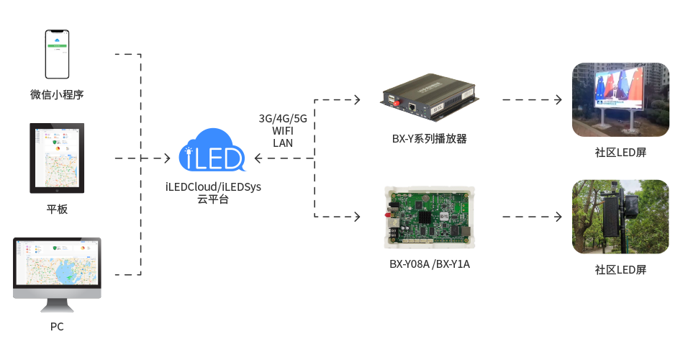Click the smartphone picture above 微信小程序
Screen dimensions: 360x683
tap(58, 54)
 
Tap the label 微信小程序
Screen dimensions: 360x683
tap(58, 94)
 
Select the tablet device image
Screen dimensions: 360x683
tap(57, 158)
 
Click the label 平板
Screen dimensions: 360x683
tap(57, 210)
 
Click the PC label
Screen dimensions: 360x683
tap(57, 327)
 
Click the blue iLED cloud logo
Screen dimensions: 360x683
tap(212, 151)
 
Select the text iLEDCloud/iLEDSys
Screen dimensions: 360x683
tap(213, 187)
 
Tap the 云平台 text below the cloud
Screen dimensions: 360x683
tap(213, 199)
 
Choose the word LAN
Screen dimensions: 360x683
tap(283, 143)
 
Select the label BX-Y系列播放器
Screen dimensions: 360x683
tap(430, 139)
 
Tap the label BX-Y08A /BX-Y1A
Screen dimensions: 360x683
tap(430, 264)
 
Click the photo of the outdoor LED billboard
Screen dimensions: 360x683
tap(620, 100)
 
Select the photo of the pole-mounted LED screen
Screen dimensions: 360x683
tap(620, 216)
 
